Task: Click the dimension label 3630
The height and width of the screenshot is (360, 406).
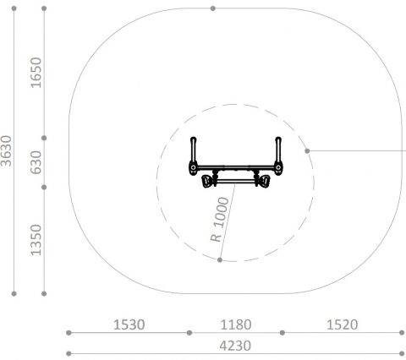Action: [6, 151]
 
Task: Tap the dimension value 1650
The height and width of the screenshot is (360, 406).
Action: [36, 73]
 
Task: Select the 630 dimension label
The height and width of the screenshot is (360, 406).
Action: [36, 162]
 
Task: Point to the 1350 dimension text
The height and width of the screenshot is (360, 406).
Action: [36, 240]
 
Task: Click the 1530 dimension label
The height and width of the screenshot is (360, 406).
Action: [129, 325]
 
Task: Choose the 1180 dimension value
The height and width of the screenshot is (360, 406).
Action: [236, 325]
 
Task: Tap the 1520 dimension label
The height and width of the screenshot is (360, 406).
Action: [343, 325]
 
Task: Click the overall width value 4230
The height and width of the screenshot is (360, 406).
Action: [235, 346]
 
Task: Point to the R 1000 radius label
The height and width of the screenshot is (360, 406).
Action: [220, 220]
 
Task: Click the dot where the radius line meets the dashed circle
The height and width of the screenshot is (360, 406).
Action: [220, 259]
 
